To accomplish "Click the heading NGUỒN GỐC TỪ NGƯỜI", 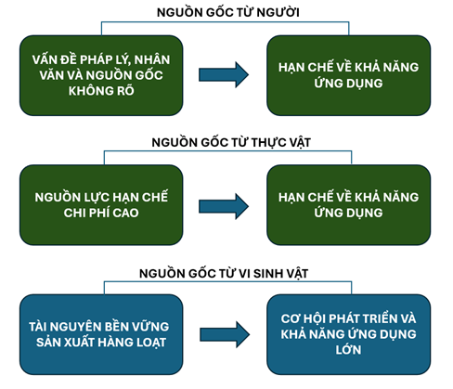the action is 228,12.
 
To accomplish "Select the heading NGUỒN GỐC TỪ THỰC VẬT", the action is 231,142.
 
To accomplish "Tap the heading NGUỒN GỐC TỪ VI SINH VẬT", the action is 224,273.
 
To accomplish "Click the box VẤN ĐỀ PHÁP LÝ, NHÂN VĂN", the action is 101,75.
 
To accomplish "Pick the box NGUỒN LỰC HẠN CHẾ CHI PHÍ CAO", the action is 101,205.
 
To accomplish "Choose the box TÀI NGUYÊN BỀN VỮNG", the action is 101,334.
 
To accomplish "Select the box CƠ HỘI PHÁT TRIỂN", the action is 349,334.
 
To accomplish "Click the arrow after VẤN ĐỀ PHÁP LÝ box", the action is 224,74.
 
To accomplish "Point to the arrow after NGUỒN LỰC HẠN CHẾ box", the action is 224,206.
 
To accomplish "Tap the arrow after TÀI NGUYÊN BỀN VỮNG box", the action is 225,334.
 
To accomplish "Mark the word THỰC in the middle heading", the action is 268,142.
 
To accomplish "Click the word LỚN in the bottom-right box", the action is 349,350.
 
